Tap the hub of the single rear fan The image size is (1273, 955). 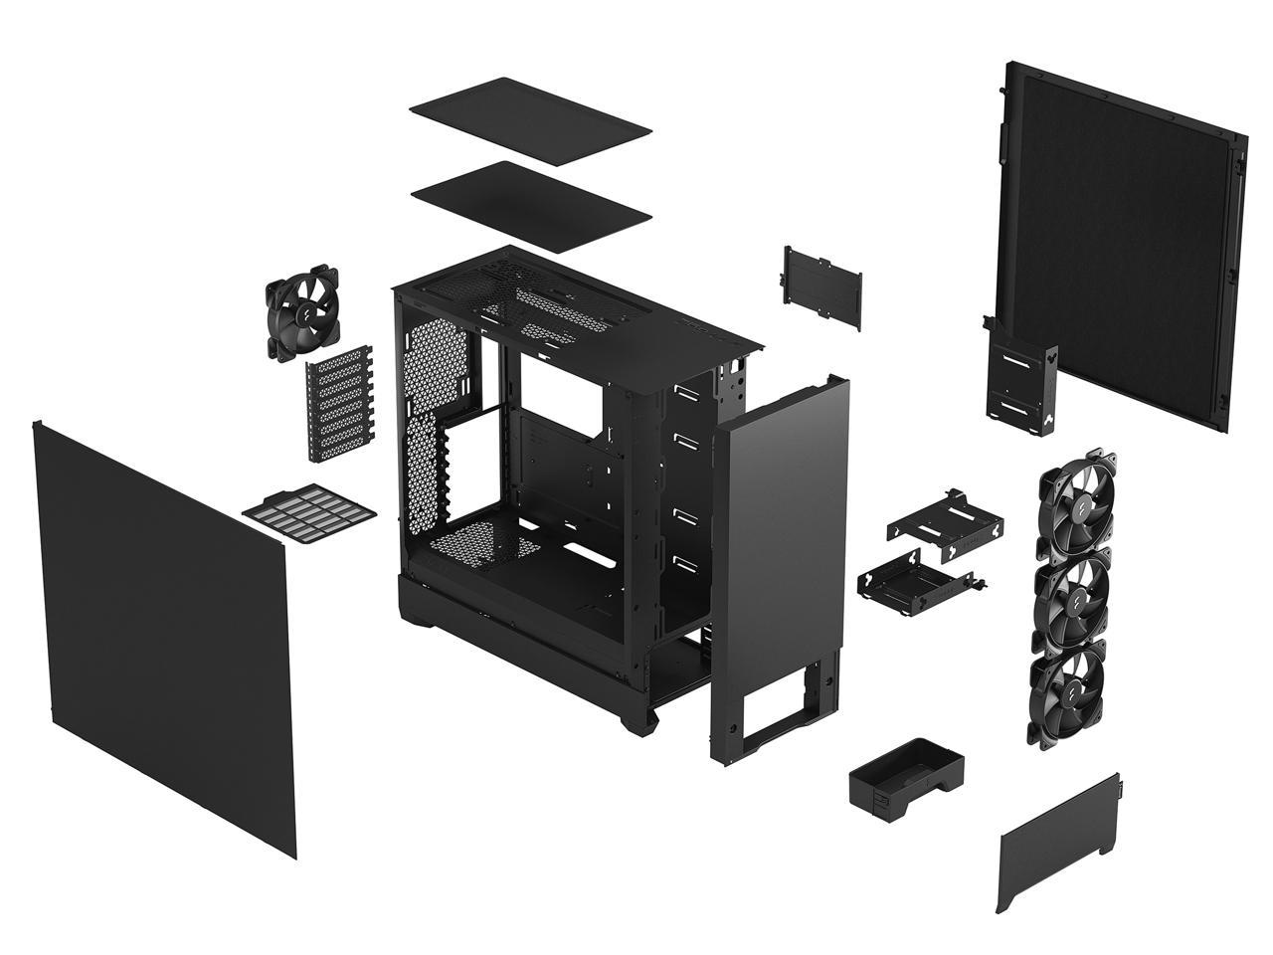point(299,309)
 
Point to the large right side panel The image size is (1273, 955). point(1118,240)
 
